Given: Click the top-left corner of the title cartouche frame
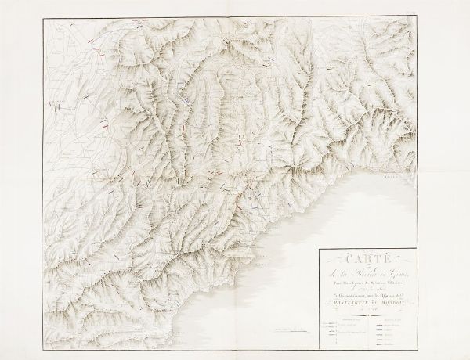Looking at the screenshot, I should (x=320, y=249).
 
